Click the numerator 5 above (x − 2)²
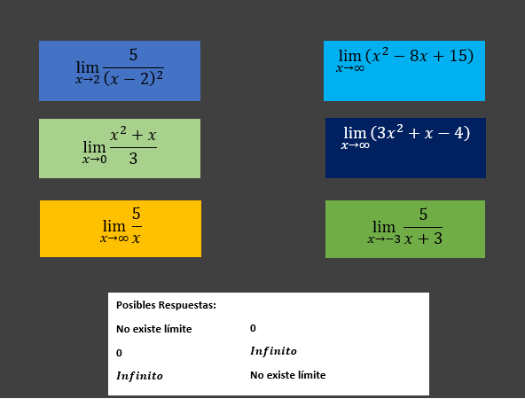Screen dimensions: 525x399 click(133, 55)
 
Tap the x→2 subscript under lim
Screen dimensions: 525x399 click(88, 80)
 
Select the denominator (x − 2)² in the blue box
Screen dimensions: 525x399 click(133, 79)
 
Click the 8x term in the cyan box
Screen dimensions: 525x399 click(419, 56)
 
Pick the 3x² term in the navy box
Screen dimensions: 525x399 click(389, 132)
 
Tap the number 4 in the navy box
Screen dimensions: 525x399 click(458, 133)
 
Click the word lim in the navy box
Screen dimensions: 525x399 click(355, 133)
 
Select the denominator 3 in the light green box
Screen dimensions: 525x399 click(133, 159)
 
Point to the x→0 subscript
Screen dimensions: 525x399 click(95, 160)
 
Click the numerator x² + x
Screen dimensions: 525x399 click(133, 134)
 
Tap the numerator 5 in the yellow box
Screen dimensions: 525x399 click(136, 213)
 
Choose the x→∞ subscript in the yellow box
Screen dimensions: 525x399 click(114, 239)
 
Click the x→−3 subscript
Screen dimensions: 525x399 click(384, 239)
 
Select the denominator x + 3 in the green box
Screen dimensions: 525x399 click(423, 239)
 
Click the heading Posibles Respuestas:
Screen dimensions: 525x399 click(166, 305)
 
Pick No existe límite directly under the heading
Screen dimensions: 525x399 click(154, 329)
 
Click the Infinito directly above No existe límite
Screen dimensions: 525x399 click(273, 351)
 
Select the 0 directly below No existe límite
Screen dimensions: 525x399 click(119, 353)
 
